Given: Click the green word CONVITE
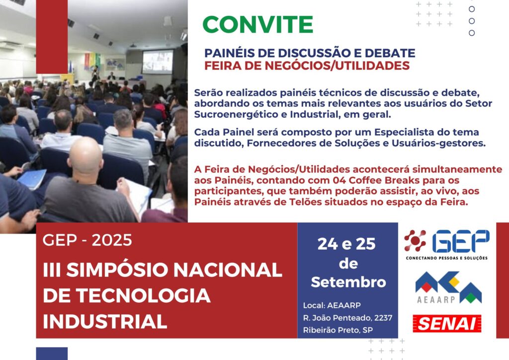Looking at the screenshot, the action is click(x=258, y=24).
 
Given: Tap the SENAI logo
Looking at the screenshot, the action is click(x=447, y=323).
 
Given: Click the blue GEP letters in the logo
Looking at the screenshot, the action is click(x=461, y=241).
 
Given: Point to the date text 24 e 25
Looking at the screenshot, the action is click(x=346, y=244).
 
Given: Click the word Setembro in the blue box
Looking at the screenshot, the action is click(x=348, y=282).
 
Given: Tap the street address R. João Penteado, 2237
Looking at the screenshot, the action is click(x=347, y=317).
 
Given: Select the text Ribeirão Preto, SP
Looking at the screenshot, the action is click(x=338, y=330).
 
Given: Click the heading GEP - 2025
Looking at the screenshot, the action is click(x=87, y=240).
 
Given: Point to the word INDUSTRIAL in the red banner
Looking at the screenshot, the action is click(x=105, y=321).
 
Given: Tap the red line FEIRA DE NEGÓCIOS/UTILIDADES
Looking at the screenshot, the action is click(x=307, y=66).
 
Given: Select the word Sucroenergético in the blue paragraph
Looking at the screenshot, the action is click(x=236, y=114).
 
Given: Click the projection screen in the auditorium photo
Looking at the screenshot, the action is click(x=158, y=61).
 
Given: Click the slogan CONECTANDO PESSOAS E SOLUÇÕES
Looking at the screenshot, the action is click(x=447, y=258).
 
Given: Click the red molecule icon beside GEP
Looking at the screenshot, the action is click(x=415, y=241).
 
